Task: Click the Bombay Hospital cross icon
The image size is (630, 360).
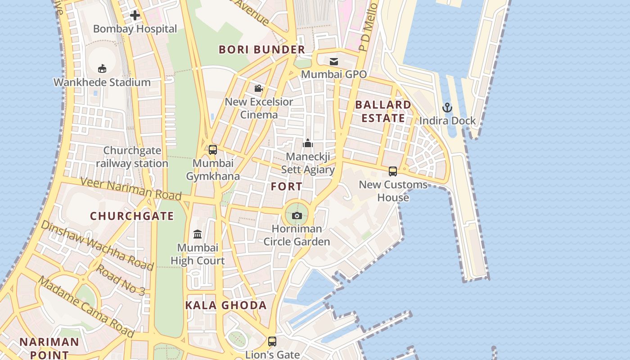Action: (135, 15)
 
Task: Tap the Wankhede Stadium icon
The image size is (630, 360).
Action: (102, 68)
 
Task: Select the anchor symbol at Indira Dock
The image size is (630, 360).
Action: (447, 108)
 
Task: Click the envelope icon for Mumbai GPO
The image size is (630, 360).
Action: (334, 61)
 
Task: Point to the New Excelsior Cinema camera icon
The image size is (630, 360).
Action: (258, 89)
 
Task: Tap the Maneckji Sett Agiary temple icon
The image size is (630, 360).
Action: (308, 143)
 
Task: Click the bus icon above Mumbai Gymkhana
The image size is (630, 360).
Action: (213, 149)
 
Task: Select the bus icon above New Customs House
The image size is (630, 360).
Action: (393, 171)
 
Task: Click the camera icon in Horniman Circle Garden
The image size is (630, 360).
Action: (297, 216)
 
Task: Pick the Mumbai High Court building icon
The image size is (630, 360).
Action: (198, 234)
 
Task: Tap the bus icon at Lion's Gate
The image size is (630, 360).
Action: (272, 341)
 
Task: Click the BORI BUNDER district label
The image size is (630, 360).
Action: (262, 49)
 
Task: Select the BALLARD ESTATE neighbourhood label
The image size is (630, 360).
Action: (383, 111)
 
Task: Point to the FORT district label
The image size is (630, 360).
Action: (287, 186)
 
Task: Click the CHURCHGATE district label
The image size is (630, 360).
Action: (132, 216)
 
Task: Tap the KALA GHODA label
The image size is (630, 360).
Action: (226, 305)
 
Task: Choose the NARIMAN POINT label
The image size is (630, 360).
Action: (49, 348)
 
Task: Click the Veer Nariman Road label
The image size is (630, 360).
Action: (130, 189)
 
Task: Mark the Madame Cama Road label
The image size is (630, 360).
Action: (85, 306)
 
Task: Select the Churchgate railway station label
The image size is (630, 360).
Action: (132, 157)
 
